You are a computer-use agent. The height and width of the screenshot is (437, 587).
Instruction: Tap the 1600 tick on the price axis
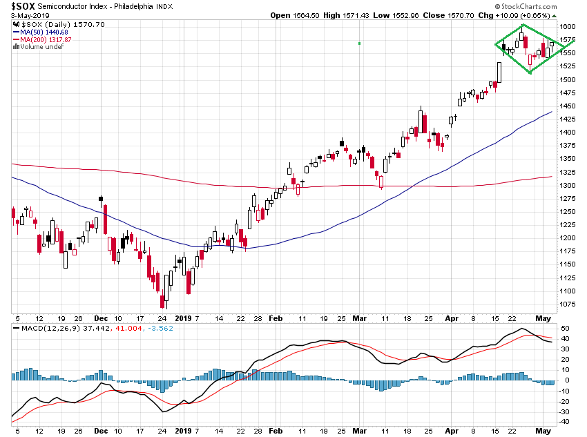click(x=568, y=26)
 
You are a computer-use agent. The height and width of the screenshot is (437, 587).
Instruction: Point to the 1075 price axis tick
click(x=568, y=304)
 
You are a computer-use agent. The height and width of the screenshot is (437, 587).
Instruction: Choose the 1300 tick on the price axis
click(x=568, y=185)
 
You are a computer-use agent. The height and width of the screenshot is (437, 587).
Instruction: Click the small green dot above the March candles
click(x=360, y=43)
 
